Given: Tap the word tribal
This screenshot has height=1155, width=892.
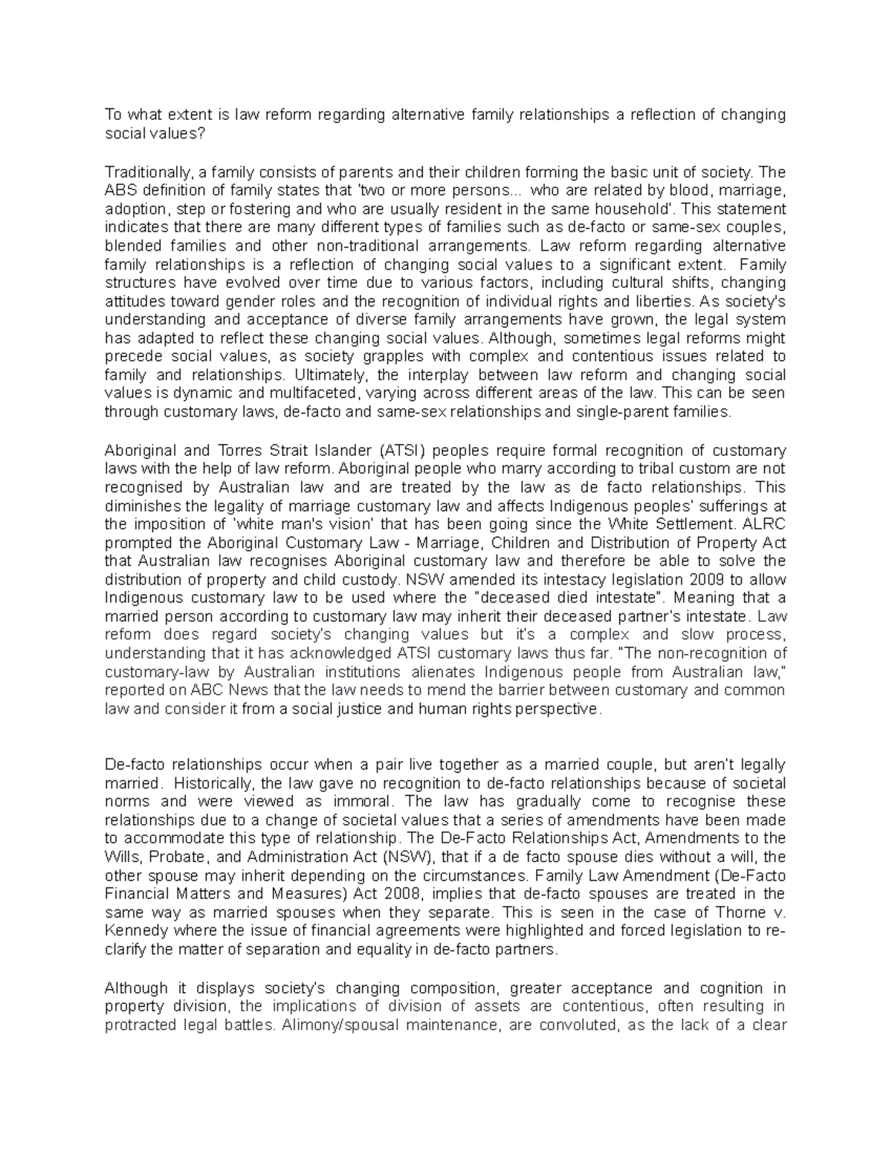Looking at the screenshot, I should [x=479, y=469].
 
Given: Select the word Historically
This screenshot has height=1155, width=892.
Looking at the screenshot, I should [x=211, y=783].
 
